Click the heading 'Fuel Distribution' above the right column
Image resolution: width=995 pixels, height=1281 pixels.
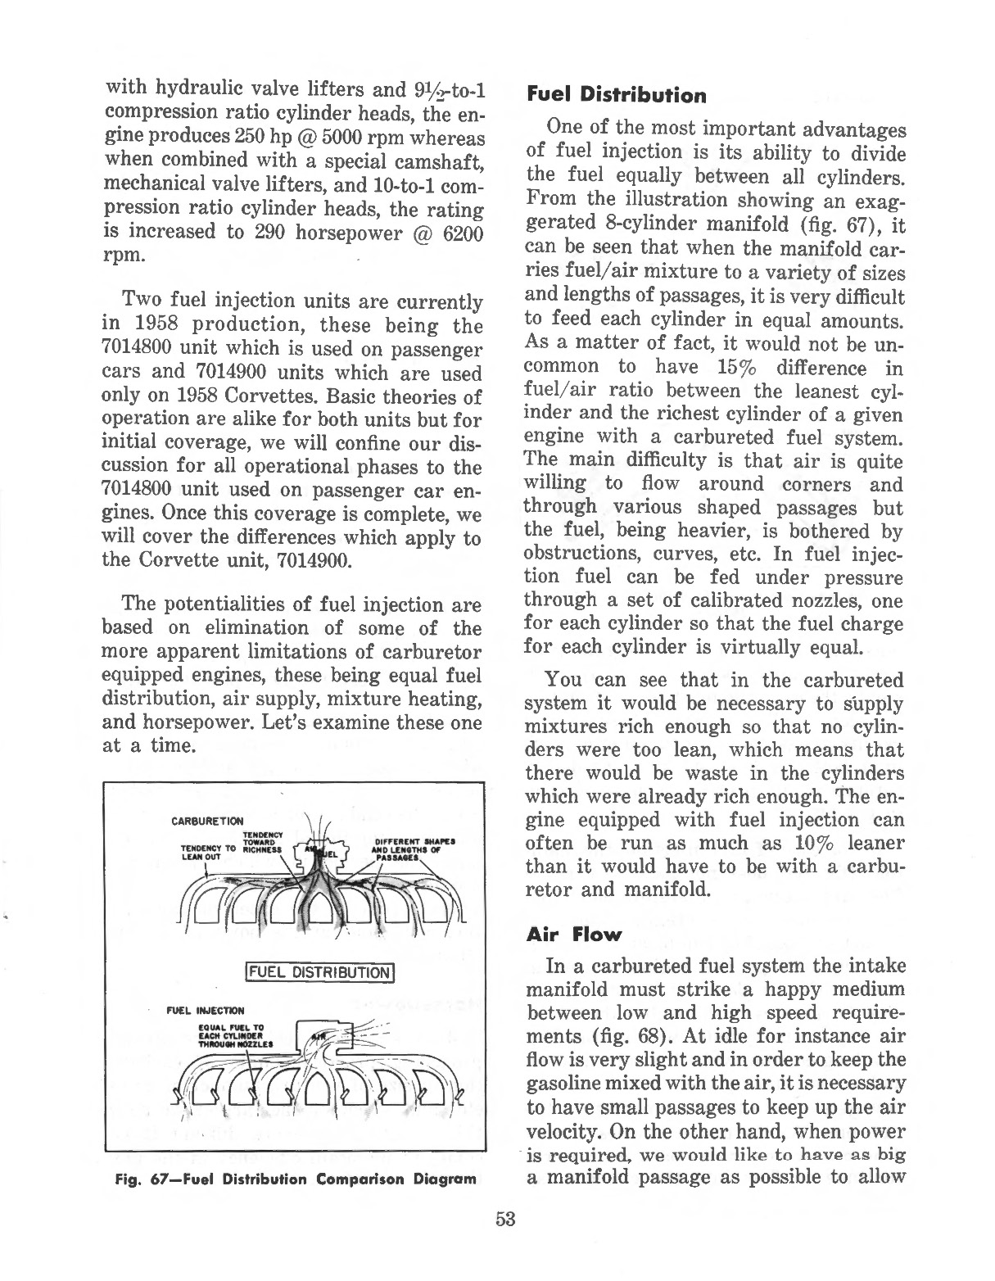pyautogui.click(x=616, y=96)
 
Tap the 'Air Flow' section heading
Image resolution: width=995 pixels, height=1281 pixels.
pyautogui.click(x=574, y=935)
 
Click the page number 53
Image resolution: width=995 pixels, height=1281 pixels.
pyautogui.click(x=505, y=1219)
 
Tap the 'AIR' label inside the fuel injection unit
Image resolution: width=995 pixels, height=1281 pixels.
pyautogui.click(x=320, y=1037)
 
